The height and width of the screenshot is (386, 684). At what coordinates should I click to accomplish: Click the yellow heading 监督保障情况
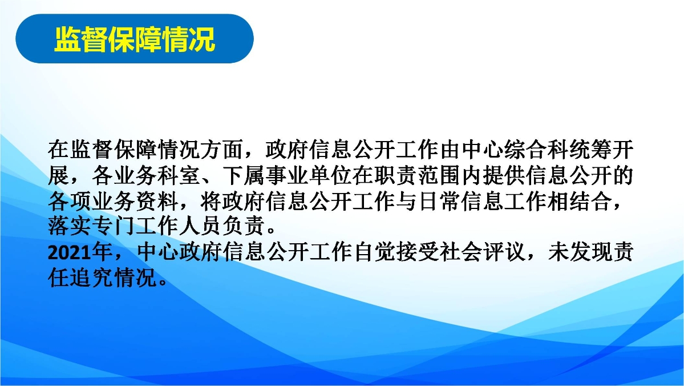click(135, 39)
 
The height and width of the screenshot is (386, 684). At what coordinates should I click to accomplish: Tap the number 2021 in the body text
click(70, 252)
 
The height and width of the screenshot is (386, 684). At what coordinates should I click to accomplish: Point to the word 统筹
click(590, 150)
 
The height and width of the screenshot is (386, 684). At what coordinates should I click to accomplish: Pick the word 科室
click(179, 175)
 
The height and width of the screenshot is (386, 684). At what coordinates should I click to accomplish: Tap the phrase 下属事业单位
click(287, 175)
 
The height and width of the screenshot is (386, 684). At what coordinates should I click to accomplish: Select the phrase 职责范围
click(417, 175)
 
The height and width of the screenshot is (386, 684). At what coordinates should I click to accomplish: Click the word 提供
click(504, 175)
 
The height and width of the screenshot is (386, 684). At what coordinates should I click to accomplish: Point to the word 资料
click(157, 202)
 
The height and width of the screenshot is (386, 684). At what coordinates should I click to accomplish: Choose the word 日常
click(439, 202)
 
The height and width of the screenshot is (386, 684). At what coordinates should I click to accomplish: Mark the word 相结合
click(580, 202)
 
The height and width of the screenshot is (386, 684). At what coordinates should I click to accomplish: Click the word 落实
click(70, 226)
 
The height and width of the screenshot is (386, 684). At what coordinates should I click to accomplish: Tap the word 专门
click(114, 226)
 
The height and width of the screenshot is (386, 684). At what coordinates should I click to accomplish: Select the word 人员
click(200, 226)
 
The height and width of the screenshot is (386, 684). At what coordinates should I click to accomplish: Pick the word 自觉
click(374, 252)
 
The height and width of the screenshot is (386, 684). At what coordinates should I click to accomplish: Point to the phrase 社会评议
click(482, 252)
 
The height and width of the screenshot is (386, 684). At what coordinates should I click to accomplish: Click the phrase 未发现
click(580, 252)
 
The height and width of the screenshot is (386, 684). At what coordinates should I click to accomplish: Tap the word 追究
click(92, 278)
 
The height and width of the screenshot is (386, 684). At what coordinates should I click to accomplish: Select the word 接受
click(418, 252)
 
